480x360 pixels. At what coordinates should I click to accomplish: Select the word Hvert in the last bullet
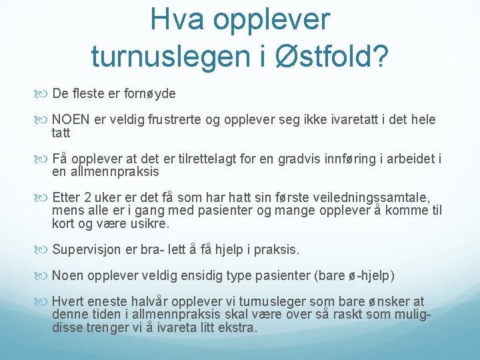click(66, 302)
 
